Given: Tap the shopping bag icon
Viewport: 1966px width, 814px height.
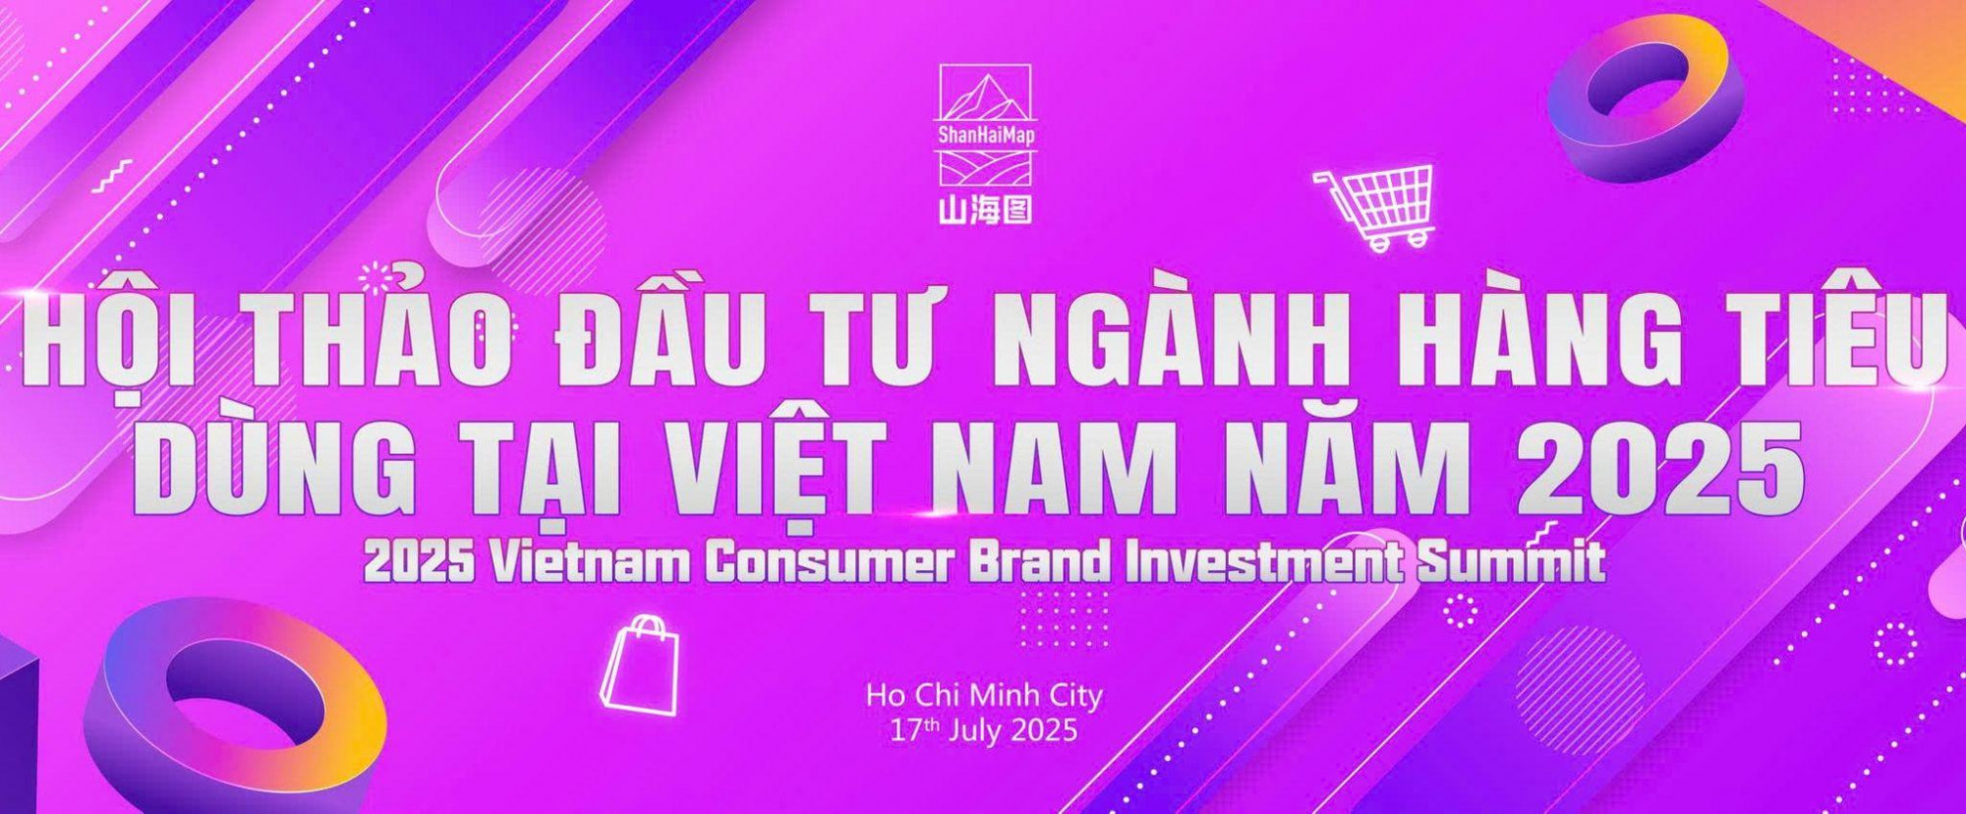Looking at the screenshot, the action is coord(641,666).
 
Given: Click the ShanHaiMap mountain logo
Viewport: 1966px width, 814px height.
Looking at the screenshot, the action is coord(985,125).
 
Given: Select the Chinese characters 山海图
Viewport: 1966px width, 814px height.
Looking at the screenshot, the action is coord(985,210).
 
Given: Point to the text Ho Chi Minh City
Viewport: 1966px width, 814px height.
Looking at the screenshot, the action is coord(984,696).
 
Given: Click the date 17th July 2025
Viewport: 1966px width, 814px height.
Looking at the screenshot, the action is coord(984,731).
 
